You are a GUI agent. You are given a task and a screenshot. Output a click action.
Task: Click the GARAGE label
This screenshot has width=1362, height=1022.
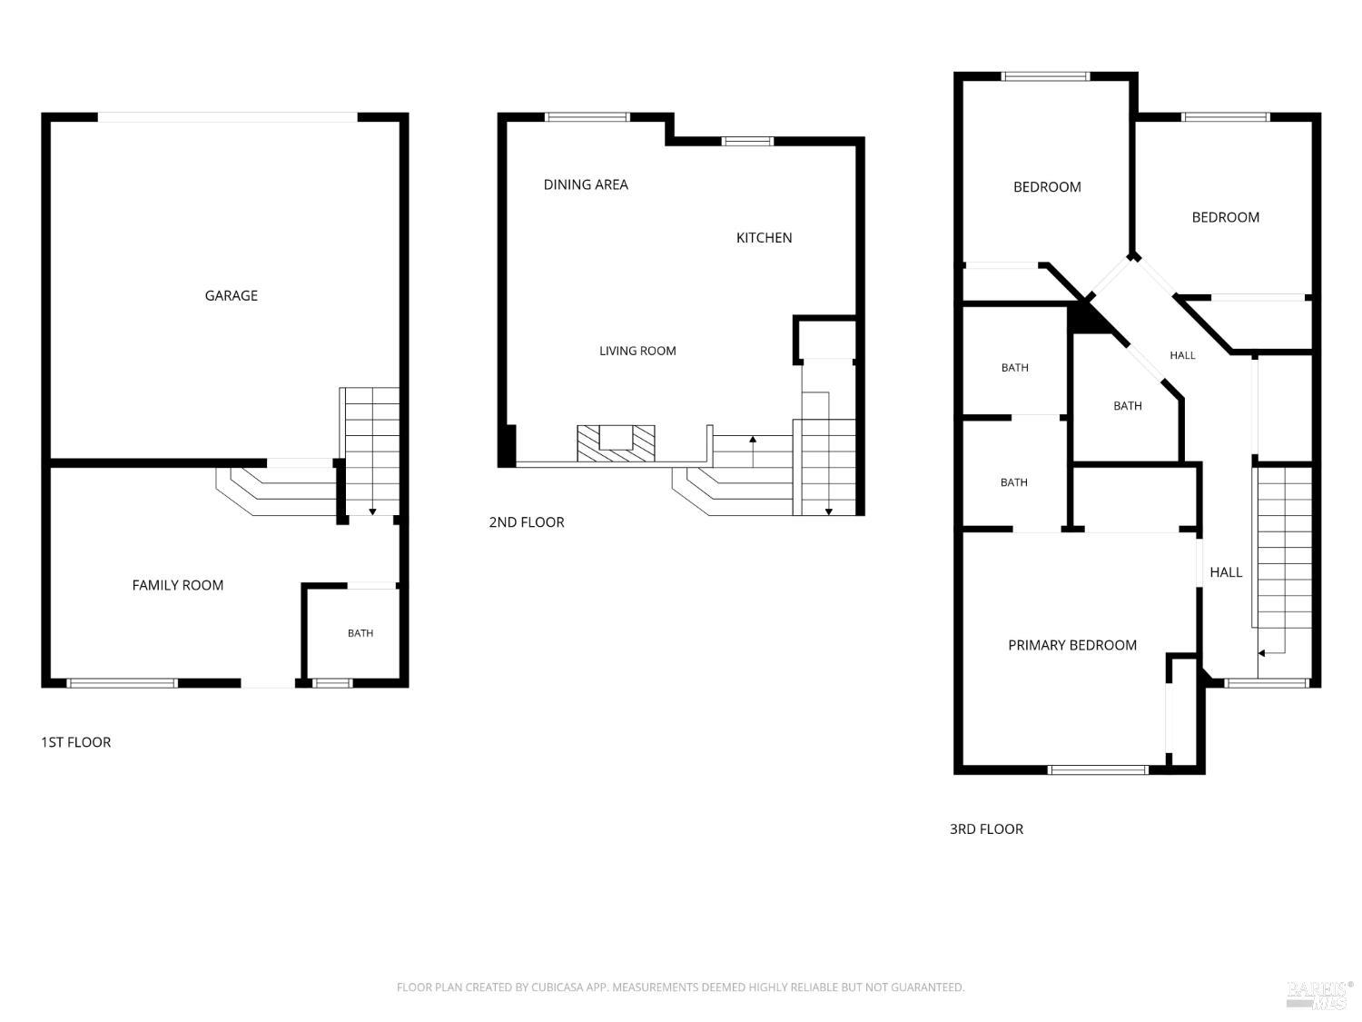tap(231, 295)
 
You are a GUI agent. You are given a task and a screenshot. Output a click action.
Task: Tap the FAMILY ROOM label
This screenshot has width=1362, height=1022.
tap(177, 584)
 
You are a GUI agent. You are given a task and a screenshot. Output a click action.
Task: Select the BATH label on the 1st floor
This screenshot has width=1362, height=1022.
tap(360, 633)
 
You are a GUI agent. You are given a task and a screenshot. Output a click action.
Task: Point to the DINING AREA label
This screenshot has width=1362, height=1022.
tap(586, 184)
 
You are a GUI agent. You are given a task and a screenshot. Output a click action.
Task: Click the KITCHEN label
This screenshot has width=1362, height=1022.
tap(764, 238)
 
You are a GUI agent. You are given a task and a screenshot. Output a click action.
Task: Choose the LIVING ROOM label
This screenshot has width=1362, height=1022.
tap(637, 351)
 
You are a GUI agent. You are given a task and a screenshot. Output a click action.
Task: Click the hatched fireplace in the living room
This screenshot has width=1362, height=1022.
tap(616, 443)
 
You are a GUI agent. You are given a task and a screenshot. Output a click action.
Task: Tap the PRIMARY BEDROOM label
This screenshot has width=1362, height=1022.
tap(1072, 645)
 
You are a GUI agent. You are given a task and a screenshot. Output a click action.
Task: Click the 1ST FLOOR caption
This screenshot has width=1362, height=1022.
tap(75, 742)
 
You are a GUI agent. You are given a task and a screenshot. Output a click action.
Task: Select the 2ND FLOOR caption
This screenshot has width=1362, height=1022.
tap(526, 521)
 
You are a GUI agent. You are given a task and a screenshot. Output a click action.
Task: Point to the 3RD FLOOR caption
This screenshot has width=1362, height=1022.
tap(986, 829)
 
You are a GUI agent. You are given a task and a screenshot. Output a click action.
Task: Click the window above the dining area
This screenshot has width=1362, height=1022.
tap(587, 116)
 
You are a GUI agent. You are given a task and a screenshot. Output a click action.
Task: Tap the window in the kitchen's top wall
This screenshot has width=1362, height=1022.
tap(747, 141)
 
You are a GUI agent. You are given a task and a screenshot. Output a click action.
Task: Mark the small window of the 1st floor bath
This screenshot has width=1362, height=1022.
tap(332, 683)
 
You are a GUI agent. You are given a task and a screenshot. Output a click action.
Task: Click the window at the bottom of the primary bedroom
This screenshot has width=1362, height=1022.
tap(1099, 770)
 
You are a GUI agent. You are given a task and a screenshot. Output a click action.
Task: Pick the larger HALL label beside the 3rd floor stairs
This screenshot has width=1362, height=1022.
tap(1226, 572)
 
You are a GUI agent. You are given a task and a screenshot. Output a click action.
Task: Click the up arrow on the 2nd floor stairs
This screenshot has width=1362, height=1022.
tap(753, 451)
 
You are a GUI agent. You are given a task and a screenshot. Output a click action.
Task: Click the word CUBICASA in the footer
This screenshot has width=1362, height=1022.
tap(558, 987)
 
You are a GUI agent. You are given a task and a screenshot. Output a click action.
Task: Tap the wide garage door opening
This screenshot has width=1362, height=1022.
tap(228, 117)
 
